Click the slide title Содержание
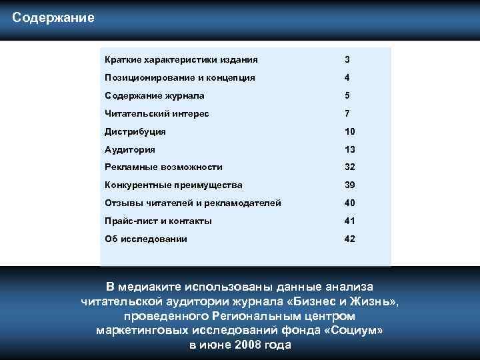[x=53, y=17]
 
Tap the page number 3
[x=347, y=60]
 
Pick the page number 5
[x=347, y=95]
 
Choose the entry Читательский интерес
[x=157, y=113]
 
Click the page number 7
[x=347, y=113]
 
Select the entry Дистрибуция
[x=135, y=131]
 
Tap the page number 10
[x=350, y=131]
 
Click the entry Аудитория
[x=131, y=149]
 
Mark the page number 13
[x=350, y=149]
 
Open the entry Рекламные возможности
[x=164, y=167]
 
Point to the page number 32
[x=350, y=167]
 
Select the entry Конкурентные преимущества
[x=173, y=185]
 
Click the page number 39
[x=350, y=185]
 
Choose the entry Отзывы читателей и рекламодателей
[x=193, y=203]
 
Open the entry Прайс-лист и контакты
[x=159, y=221]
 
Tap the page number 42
[x=350, y=239]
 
